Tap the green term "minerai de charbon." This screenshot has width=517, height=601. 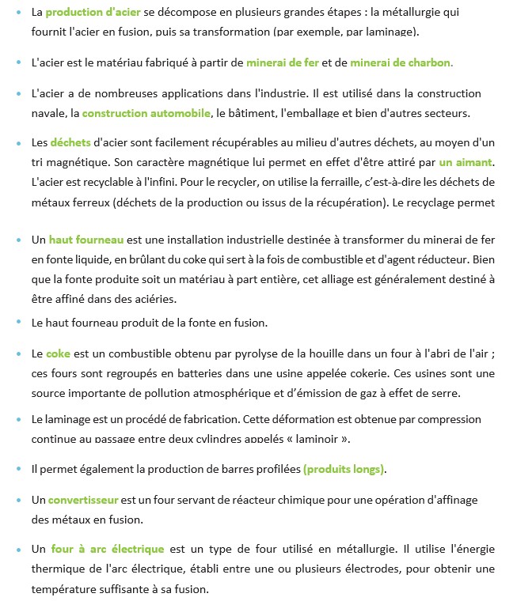[x=401, y=62]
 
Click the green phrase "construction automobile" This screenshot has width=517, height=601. [x=146, y=113]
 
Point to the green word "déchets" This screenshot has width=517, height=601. [x=70, y=143]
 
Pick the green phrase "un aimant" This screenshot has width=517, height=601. [x=466, y=162]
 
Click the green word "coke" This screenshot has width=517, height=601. [x=58, y=353]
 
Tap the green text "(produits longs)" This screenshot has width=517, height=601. [x=344, y=469]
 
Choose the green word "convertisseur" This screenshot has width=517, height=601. [x=83, y=501]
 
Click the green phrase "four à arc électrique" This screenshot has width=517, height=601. [x=108, y=549]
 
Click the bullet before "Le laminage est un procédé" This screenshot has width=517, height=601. [x=18, y=419]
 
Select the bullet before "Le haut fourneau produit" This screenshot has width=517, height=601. [x=18, y=323]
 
